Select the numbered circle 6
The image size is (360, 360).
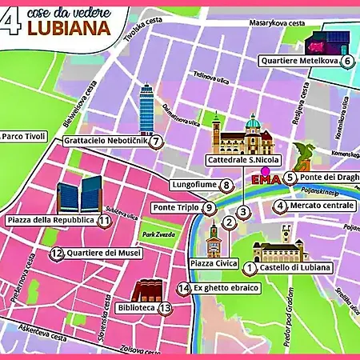click(347, 61)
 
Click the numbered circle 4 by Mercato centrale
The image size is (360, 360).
click(280, 206)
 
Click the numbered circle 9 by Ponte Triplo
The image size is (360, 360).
click(209, 208)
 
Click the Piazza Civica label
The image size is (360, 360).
click(212, 262)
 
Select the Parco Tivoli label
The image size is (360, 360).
click(25, 136)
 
